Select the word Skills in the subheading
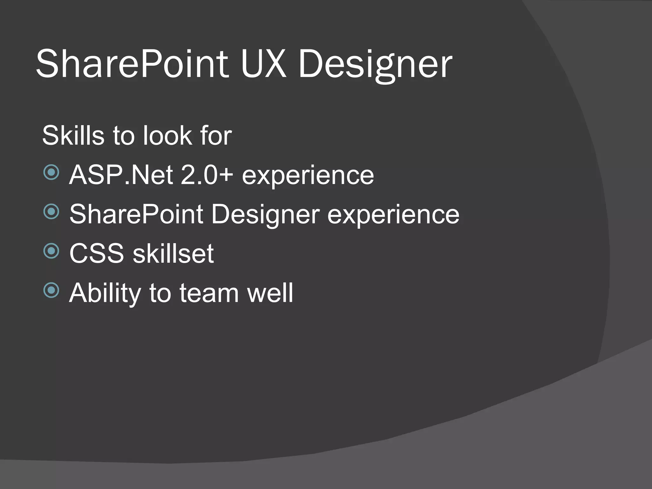click(x=73, y=136)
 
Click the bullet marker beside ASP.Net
click(x=51, y=173)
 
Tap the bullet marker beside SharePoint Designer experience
click(x=51, y=212)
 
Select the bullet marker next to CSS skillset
click(x=51, y=251)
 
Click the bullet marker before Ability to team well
click(x=51, y=290)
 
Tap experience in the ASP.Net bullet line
click(x=308, y=176)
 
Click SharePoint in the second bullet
click(x=136, y=214)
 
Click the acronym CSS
click(x=96, y=253)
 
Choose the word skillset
click(x=173, y=253)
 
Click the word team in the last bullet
click(x=209, y=293)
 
